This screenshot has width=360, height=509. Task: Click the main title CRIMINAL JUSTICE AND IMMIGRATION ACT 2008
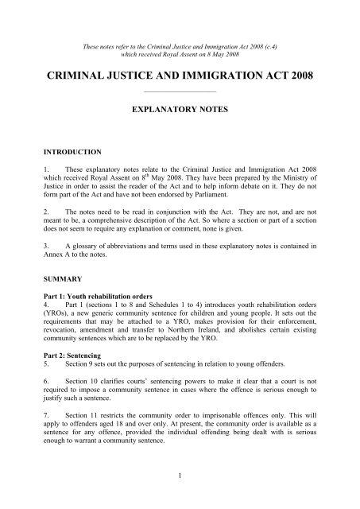179,78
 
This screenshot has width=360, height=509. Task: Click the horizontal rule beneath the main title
179,97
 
